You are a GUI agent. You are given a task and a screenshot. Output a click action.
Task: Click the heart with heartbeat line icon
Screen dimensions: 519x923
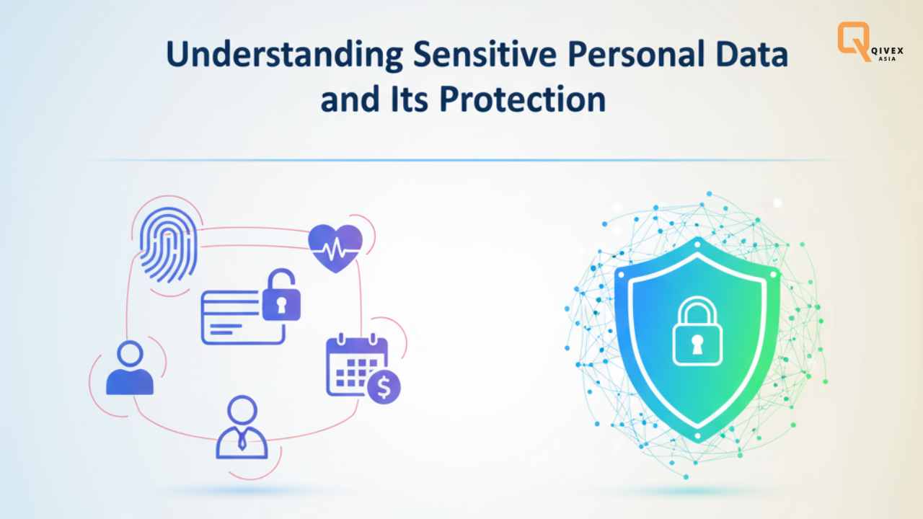point(335,247)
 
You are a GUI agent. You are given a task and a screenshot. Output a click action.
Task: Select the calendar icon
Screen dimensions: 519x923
point(354,364)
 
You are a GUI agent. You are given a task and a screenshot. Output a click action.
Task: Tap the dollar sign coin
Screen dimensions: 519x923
point(384,389)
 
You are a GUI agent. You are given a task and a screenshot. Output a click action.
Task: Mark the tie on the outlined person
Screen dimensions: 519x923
point(242,441)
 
